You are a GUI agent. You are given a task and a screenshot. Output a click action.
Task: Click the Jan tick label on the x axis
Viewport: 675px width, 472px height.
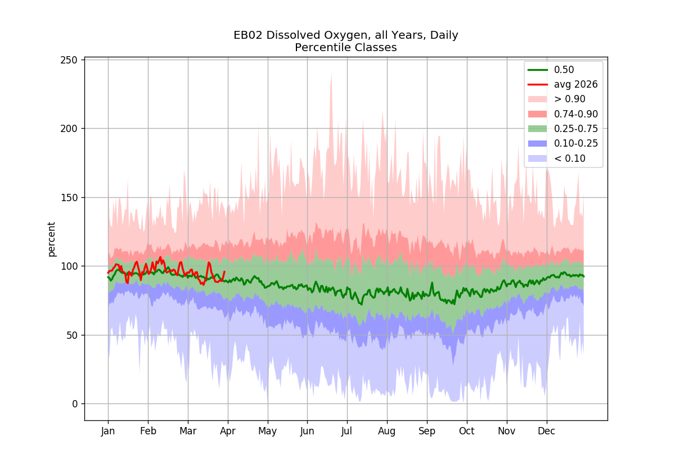pyautogui.click(x=108, y=432)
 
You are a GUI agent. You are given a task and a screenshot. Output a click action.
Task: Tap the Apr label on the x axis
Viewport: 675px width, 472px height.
pyautogui.click(x=227, y=432)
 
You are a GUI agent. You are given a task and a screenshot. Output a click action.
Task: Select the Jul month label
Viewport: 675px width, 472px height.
pyautogui.click(x=346, y=432)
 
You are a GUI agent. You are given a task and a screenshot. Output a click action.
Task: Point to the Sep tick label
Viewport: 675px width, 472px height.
pyautogui.click(x=427, y=432)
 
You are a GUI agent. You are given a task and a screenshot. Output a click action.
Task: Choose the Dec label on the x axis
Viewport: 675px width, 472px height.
pyautogui.click(x=546, y=432)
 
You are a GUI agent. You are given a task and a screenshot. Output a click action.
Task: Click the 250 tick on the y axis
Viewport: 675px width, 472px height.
pyautogui.click(x=69, y=60)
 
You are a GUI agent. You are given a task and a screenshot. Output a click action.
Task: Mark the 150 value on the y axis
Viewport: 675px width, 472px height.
pyautogui.click(x=69, y=198)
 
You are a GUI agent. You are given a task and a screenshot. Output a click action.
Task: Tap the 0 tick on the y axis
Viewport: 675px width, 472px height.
pyautogui.click(x=75, y=404)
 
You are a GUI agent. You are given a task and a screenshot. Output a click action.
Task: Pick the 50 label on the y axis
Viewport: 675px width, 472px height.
pyautogui.click(x=72, y=335)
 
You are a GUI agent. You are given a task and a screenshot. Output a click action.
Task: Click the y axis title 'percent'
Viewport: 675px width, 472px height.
pyautogui.click(x=52, y=239)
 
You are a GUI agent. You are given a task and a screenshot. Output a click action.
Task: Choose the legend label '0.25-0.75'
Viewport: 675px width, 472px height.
pyautogui.click(x=576, y=129)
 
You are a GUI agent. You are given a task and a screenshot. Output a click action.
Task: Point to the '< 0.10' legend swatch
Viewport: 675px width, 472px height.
pyautogui.click(x=538, y=158)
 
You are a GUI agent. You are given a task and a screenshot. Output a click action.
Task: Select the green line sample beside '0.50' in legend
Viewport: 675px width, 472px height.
pyautogui.click(x=538, y=70)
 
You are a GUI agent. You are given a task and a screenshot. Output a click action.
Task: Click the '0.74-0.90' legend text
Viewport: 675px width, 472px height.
pyautogui.click(x=576, y=114)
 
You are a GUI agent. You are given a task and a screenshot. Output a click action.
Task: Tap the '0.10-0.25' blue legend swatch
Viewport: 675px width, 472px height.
pyautogui.click(x=538, y=144)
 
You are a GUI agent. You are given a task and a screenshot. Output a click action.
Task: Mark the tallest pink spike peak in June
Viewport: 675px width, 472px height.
pyautogui.click(x=331, y=74)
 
